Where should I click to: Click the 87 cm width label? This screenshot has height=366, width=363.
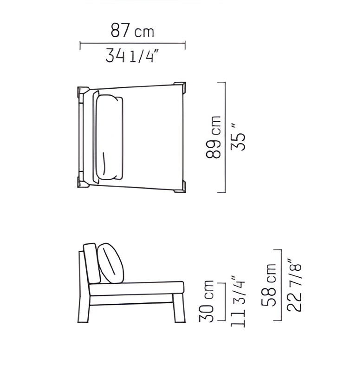point(132,30)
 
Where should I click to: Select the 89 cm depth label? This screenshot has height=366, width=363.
point(213,137)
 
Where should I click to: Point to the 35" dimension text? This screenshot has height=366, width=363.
point(238,137)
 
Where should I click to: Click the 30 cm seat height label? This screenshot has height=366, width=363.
point(206,301)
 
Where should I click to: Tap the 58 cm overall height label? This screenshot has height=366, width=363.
point(268,285)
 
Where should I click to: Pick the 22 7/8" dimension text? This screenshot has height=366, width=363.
point(294,285)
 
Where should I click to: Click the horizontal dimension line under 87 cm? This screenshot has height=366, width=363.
point(132,43)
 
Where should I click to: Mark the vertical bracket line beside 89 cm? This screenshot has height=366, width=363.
point(225,137)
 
